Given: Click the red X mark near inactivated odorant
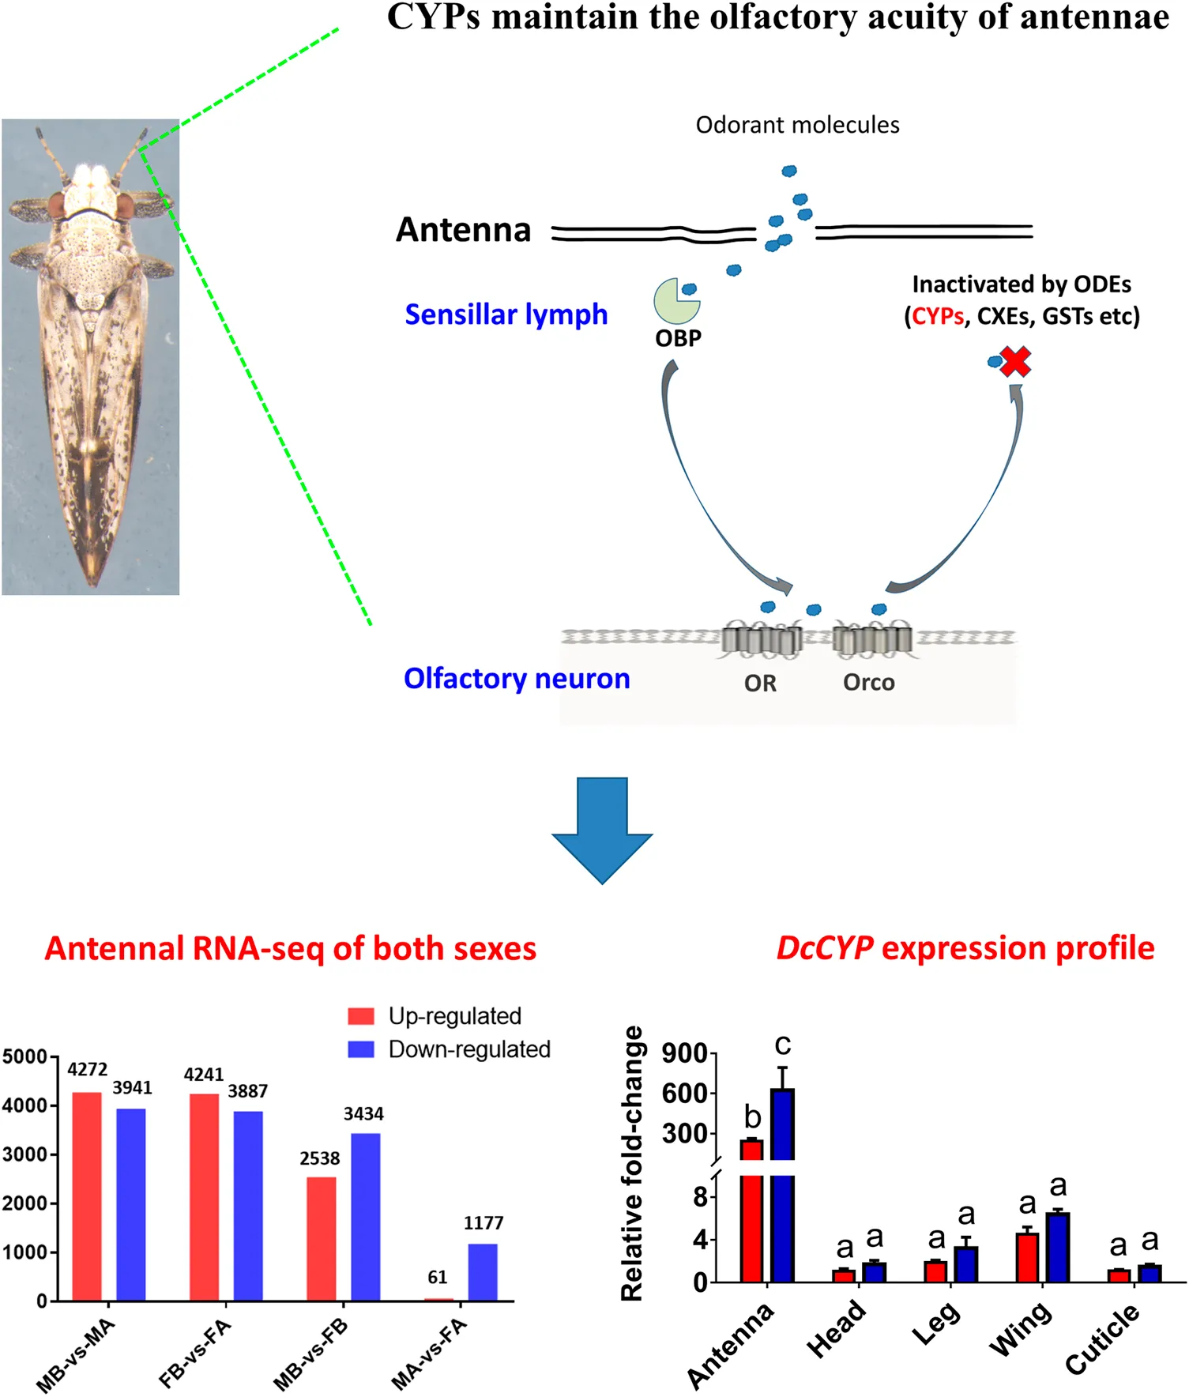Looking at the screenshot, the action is pyautogui.click(x=1016, y=362).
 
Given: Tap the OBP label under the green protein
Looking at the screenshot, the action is pyautogui.click(x=678, y=338).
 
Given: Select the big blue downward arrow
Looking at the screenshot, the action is pyautogui.click(x=602, y=830).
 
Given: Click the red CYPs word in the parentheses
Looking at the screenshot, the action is pyautogui.click(x=938, y=317).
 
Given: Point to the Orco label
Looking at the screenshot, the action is pyautogui.click(x=869, y=682).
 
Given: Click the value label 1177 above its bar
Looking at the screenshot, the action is pyautogui.click(x=484, y=1223).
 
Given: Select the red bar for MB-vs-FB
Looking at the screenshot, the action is pyautogui.click(x=322, y=1238).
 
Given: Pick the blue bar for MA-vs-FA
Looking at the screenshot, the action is pyautogui.click(x=483, y=1272).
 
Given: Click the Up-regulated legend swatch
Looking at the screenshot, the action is pyautogui.click(x=361, y=1015).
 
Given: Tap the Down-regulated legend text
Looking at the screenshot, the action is pyautogui.click(x=469, y=1049).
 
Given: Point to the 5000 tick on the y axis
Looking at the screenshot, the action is pyautogui.click(x=24, y=1056).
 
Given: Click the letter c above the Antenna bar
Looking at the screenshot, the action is pyautogui.click(x=783, y=1045).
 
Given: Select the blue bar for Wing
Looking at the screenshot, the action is pyautogui.click(x=1058, y=1247).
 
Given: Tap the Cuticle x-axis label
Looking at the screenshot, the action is pyautogui.click(x=1102, y=1339).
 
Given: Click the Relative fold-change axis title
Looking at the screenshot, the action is pyautogui.click(x=632, y=1163).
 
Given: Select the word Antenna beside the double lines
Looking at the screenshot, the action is pyautogui.click(x=464, y=230).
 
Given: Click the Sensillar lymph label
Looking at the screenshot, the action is pyautogui.click(x=506, y=314).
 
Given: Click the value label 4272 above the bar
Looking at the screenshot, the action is pyautogui.click(x=87, y=1070).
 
